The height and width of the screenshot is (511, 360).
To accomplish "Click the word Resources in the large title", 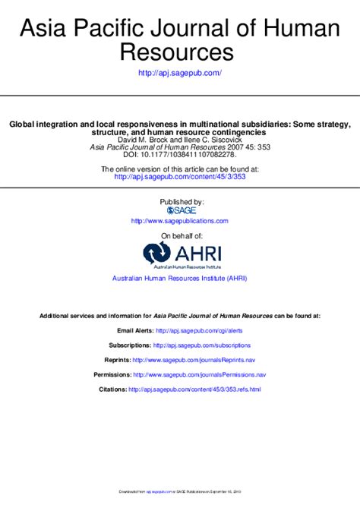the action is pyautogui.click(x=180, y=52).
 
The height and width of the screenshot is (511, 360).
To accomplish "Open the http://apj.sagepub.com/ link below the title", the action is pyautogui.click(x=180, y=73).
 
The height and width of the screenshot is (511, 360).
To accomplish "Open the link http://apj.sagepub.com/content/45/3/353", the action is pyautogui.click(x=180, y=176).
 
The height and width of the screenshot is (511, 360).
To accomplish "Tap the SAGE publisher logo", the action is pyautogui.click(x=182, y=210).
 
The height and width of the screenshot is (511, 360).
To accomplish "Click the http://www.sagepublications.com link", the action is pyautogui.click(x=180, y=221).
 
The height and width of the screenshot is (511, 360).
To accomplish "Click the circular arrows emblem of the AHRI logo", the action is pyautogui.click(x=156, y=253).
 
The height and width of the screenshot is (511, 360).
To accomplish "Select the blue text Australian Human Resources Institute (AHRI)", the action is pyautogui.click(x=180, y=279).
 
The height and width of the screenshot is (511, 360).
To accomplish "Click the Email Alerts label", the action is pyautogui.click(x=134, y=331).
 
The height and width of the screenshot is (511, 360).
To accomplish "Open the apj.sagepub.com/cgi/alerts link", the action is pyautogui.click(x=199, y=331).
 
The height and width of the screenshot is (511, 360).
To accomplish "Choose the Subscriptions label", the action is pyautogui.click(x=129, y=345).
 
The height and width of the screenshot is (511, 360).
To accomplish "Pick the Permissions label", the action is pyautogui.click(x=112, y=374).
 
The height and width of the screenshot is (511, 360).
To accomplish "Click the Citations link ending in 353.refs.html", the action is pyautogui.click(x=194, y=389).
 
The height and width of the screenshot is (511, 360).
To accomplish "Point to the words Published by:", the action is pyautogui.click(x=181, y=201).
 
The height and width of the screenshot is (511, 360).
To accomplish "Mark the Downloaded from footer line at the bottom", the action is pyautogui.click(x=180, y=492).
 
